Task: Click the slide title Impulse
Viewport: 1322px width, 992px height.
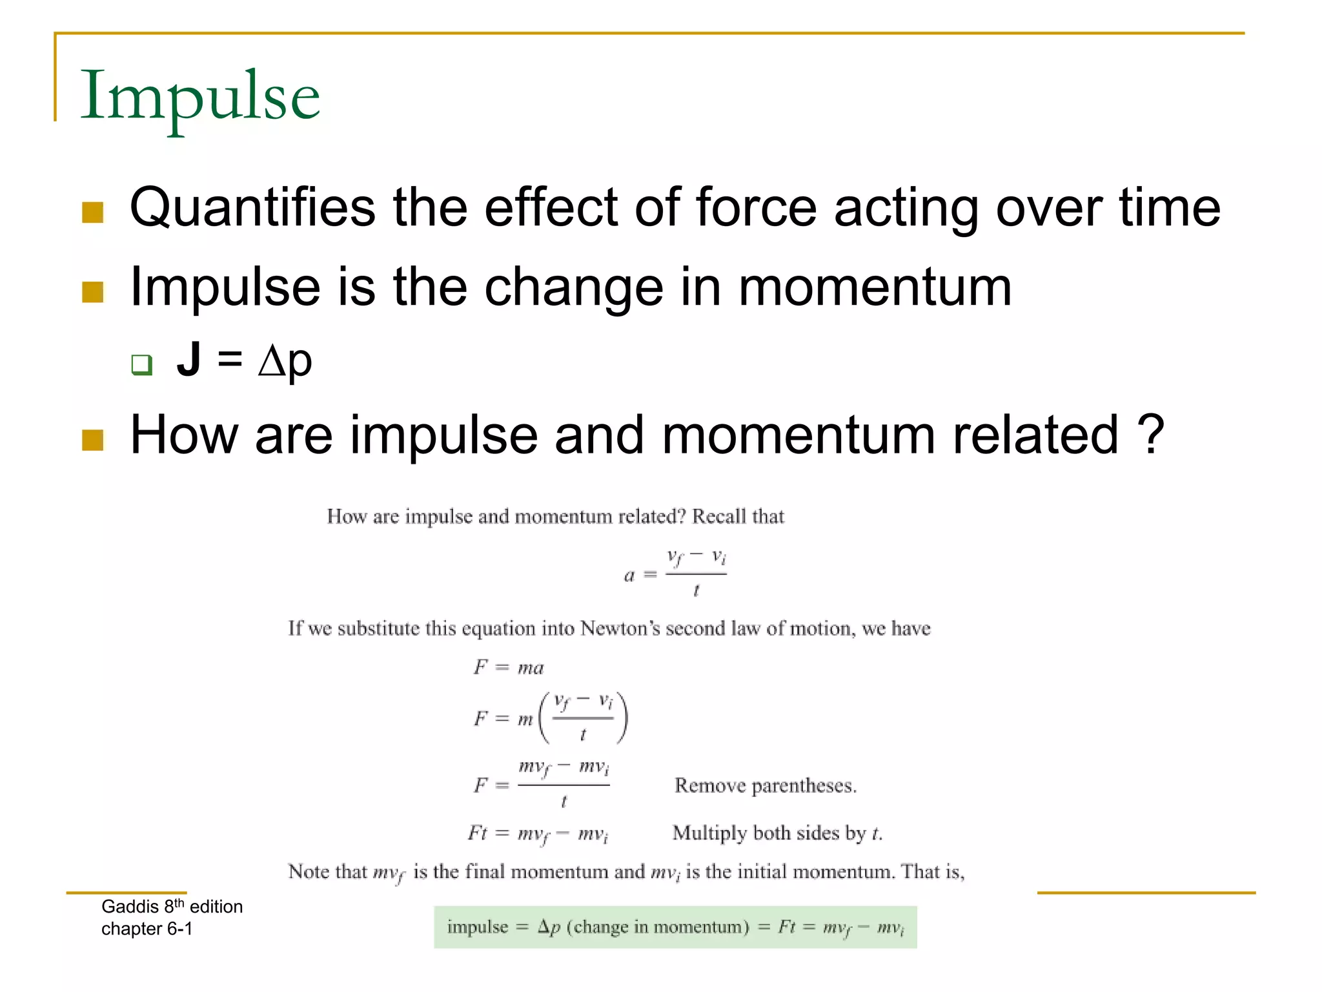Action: coord(199,97)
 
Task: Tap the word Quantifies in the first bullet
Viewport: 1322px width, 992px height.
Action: coord(252,208)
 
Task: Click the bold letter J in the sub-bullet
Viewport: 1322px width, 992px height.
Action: coord(188,359)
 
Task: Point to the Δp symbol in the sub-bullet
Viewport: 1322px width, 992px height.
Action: coord(285,362)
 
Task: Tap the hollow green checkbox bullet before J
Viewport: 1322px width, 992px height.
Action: coord(141,364)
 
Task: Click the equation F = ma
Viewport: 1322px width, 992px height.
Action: coord(509,667)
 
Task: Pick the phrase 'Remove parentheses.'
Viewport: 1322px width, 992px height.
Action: coord(765,786)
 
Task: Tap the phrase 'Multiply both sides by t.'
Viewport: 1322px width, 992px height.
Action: coord(777,833)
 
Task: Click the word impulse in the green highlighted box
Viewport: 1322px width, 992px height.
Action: coord(478,927)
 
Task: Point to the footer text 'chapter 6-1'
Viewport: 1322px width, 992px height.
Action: coord(147,929)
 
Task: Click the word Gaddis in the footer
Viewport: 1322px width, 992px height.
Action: coord(130,907)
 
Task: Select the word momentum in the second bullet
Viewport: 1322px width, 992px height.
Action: coord(875,287)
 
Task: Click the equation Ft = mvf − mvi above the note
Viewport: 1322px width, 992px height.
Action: coord(538,834)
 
